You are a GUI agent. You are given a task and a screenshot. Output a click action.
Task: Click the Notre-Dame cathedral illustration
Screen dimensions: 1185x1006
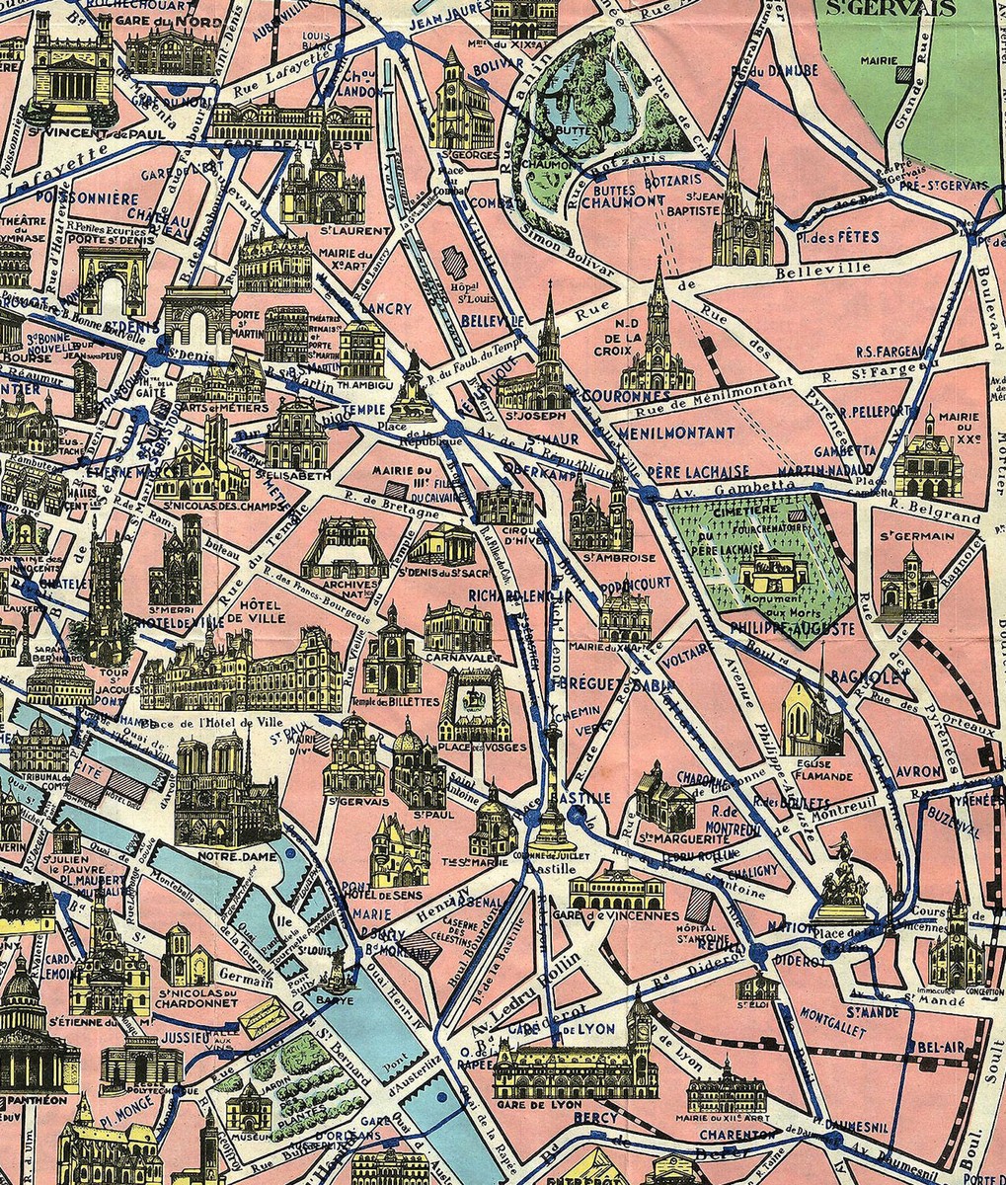tap(225, 790)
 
